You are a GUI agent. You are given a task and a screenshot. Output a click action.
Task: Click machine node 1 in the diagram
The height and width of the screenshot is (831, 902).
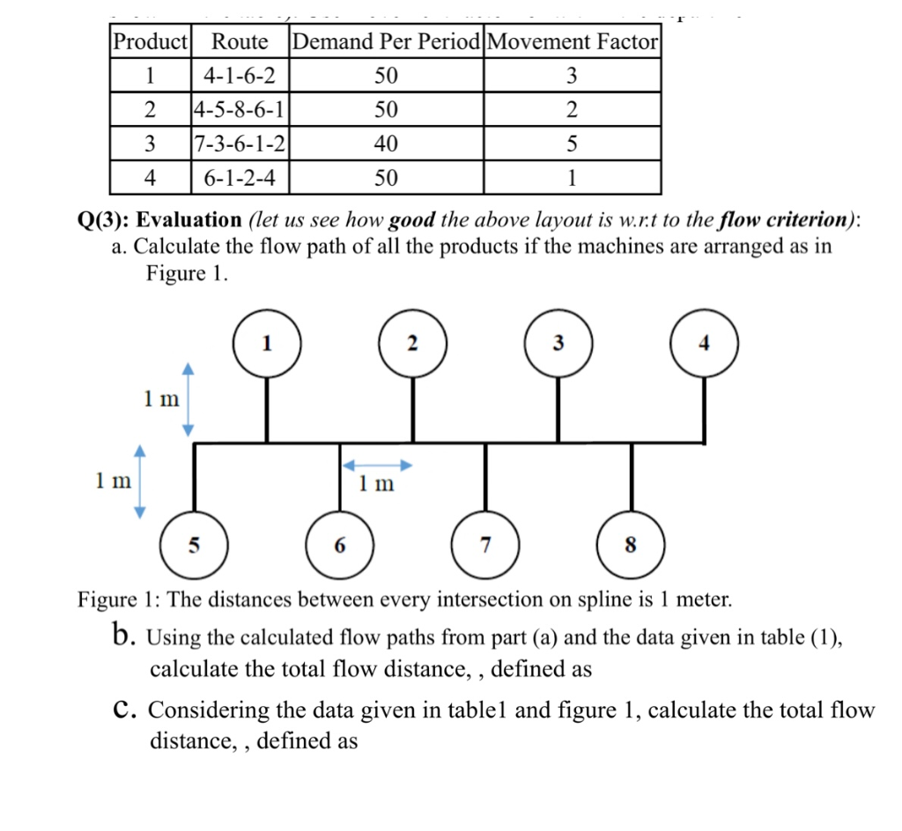pos(267,343)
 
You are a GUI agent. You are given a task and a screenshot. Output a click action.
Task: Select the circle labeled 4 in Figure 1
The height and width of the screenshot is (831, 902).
pos(704,343)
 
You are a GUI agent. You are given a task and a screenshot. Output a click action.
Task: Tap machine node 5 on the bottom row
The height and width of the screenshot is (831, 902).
pos(194,545)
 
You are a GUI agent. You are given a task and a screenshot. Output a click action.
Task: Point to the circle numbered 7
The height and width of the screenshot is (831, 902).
pos(485,545)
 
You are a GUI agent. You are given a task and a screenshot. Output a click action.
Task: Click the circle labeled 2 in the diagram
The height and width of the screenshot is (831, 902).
pos(411,343)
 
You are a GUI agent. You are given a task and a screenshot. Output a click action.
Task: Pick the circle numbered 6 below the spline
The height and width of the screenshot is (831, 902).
pos(340,545)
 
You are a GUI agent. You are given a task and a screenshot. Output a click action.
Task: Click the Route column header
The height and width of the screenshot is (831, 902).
pos(240,41)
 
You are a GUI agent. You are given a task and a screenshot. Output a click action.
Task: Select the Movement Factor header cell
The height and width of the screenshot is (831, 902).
pos(572,41)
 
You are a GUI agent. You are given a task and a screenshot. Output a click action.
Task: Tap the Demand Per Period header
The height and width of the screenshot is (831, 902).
pos(386,41)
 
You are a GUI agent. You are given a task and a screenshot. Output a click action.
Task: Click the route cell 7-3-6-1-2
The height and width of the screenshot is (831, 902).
pos(240,143)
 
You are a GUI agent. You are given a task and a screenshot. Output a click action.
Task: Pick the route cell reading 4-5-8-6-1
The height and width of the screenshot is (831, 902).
pos(240,110)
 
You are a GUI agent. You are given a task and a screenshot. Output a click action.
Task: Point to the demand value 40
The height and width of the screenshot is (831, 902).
pos(386,143)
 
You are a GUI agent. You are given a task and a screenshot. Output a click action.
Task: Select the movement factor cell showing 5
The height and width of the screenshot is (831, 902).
pos(572,143)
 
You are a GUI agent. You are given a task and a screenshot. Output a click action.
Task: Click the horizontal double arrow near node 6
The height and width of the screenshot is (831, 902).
pos(377,465)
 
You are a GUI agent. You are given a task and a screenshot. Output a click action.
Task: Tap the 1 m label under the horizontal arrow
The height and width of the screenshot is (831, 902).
pos(377,483)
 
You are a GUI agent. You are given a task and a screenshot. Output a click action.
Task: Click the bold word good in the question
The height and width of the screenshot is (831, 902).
pos(411,219)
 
